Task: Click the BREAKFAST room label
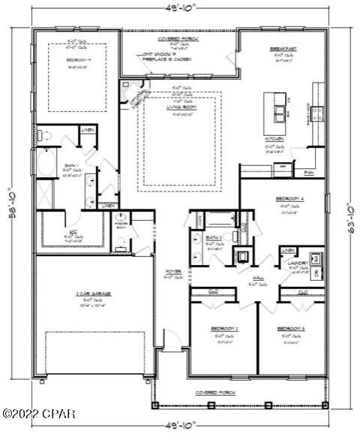pyautogui.click(x=283, y=48)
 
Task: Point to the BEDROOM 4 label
pyautogui.click(x=285, y=198)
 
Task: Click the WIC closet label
pyautogui.click(x=73, y=234)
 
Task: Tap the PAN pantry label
pyautogui.click(x=308, y=173)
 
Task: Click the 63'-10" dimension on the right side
pyautogui.click(x=349, y=217)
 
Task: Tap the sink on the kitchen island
pyautogui.click(x=280, y=114)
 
